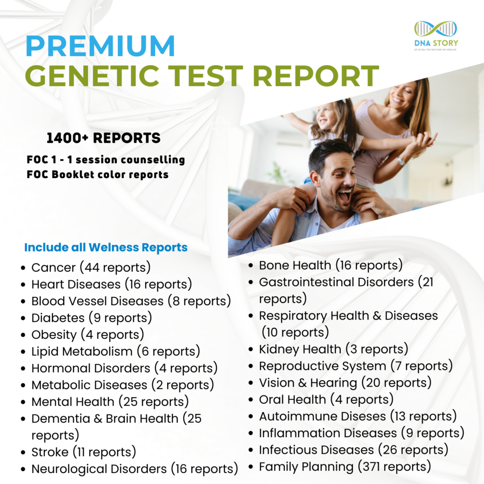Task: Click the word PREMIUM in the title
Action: (100, 46)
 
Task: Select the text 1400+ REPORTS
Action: (104, 138)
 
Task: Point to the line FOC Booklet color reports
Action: (98, 174)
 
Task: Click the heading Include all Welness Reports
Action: (106, 247)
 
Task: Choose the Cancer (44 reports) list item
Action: (91, 268)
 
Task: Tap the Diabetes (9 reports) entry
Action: (92, 318)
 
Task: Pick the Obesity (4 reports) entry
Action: (87, 335)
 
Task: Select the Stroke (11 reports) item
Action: (84, 452)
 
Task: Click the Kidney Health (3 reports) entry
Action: (333, 349)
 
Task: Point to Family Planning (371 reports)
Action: (345, 467)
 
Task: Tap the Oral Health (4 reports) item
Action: (326, 399)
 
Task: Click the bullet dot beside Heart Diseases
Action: (23, 285)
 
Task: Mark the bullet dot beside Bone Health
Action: (251, 266)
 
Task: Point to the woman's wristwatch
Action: (401, 161)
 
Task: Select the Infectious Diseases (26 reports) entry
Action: (354, 449)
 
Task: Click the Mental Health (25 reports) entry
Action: (110, 402)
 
